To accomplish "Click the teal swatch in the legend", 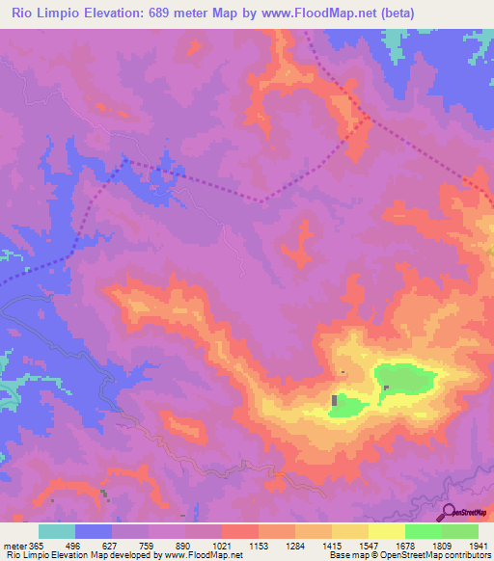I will [57, 531].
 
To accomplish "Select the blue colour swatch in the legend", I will [94, 531].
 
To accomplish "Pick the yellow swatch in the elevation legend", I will [386, 531].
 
